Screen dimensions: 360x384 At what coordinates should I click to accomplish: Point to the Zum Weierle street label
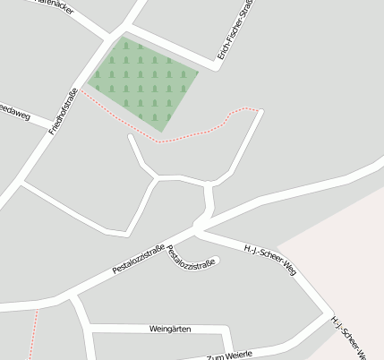coord(229,356)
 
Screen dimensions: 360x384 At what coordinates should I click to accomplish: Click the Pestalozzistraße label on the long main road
coord(140,258)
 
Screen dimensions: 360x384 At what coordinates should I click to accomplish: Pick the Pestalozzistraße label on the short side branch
coord(192,257)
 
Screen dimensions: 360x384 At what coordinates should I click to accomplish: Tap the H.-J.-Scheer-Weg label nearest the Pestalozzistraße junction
coord(269,258)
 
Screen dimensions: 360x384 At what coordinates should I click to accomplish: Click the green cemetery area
coord(143,81)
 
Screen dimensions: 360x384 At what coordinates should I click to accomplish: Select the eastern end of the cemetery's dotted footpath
coord(261,110)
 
